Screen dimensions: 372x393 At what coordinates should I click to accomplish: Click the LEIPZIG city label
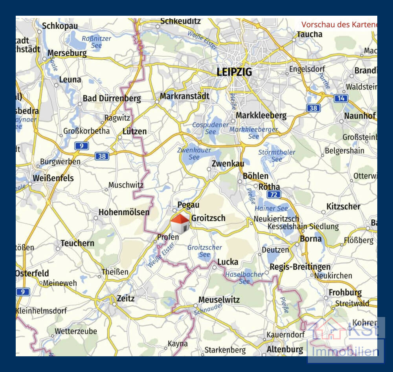(x=234, y=72)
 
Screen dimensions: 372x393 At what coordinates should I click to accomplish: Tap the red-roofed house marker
(x=180, y=224)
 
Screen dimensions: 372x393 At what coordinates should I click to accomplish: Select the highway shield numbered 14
(x=341, y=98)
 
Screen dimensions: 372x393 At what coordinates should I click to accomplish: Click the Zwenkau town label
(x=228, y=163)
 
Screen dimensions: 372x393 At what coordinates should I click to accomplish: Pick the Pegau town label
(x=188, y=205)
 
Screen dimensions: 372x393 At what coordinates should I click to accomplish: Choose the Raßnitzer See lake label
(x=96, y=42)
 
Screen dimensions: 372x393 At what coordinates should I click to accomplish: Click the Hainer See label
(x=271, y=209)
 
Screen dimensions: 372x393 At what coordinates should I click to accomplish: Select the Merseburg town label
(x=67, y=53)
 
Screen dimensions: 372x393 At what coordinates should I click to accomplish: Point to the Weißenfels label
(x=53, y=178)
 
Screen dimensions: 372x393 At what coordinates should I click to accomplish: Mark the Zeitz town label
(x=125, y=299)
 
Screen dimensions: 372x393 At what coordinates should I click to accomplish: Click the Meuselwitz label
(x=219, y=300)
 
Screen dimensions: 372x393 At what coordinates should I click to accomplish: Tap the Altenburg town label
(x=285, y=349)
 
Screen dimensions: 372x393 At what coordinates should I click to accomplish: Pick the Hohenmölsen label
(x=124, y=212)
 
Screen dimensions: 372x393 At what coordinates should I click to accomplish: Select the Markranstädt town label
(x=185, y=96)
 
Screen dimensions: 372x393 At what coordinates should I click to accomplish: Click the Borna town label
(x=310, y=239)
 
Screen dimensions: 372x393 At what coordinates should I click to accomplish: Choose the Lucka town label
(x=228, y=262)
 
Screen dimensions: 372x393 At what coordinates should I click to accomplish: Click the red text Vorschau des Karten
(x=339, y=24)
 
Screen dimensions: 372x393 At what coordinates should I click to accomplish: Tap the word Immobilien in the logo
(x=345, y=351)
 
